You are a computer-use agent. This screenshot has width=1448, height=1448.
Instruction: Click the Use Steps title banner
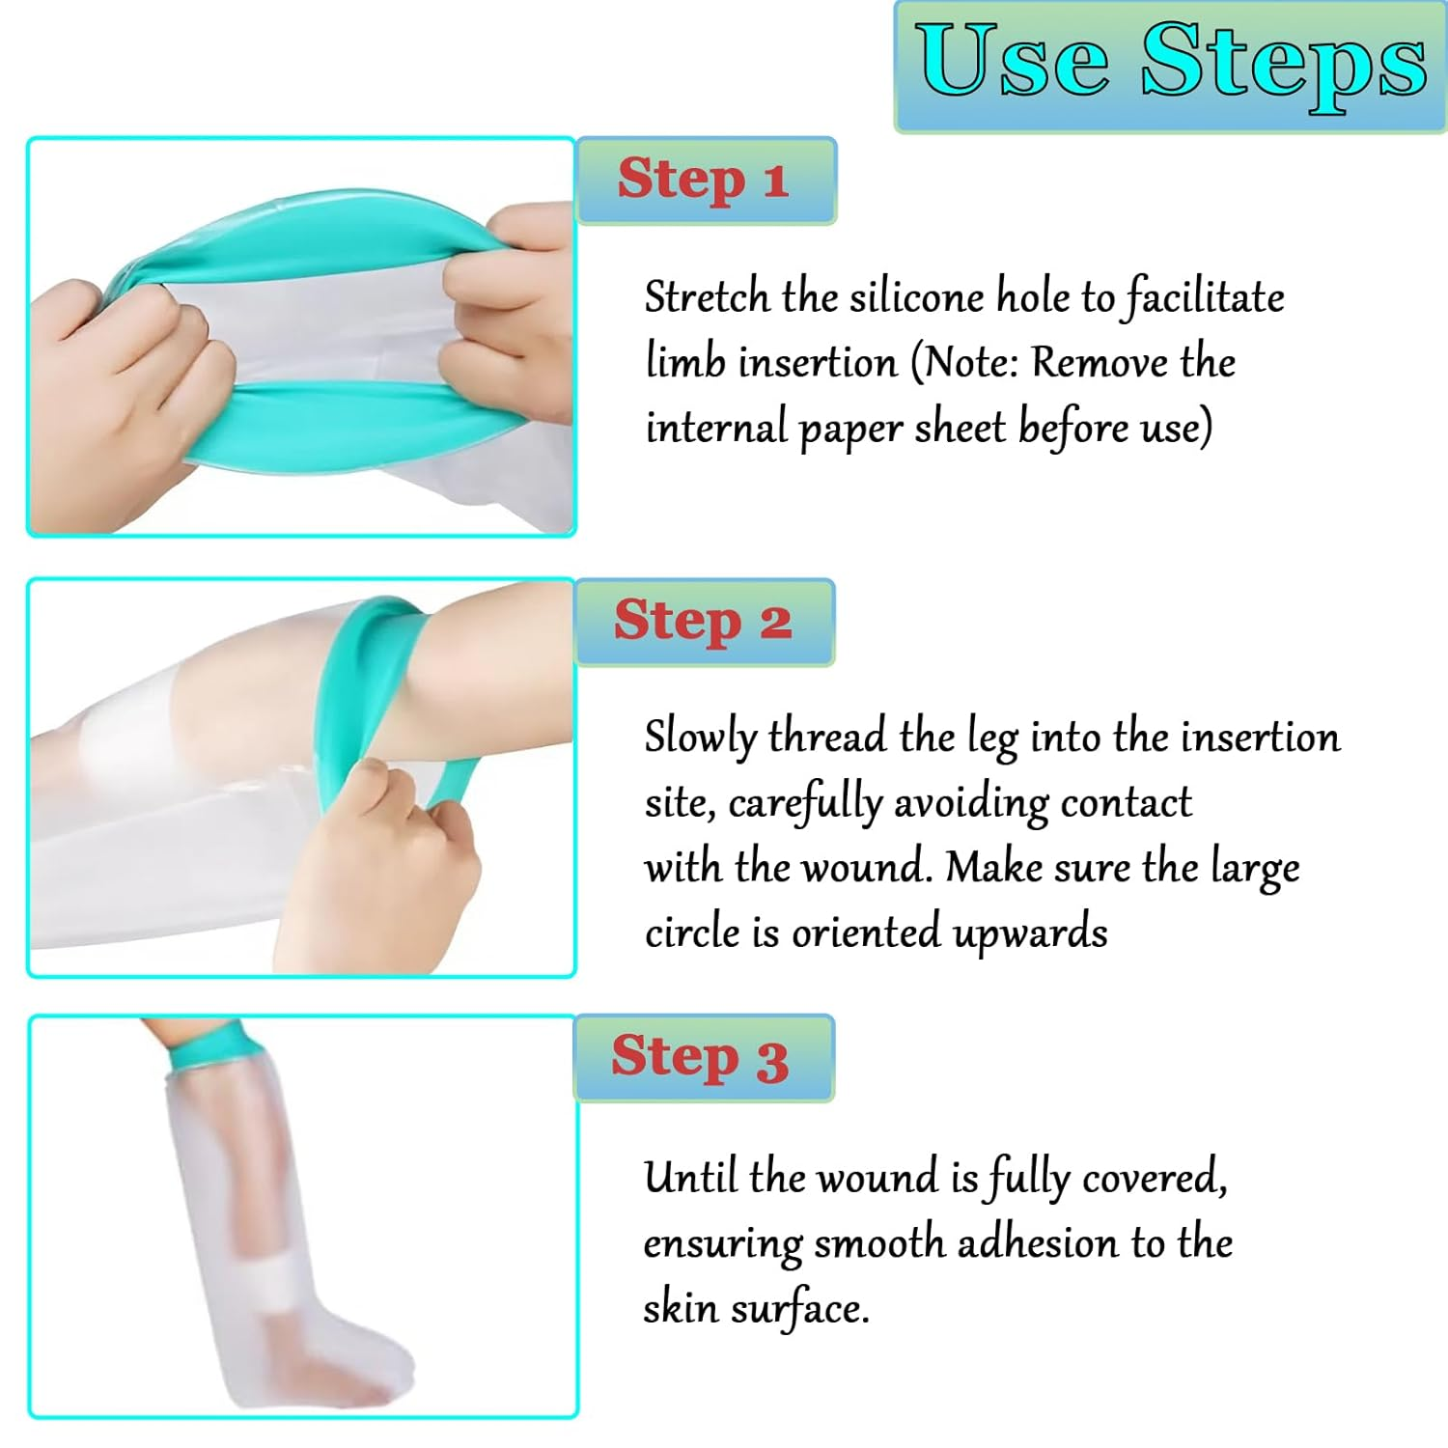(x=1170, y=66)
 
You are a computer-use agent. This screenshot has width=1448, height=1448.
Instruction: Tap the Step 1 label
(x=705, y=181)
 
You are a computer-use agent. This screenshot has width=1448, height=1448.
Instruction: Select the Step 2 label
(x=704, y=621)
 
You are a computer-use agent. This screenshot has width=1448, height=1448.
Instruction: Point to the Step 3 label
(x=702, y=1057)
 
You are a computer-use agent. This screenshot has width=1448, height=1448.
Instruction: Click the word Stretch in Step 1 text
(x=707, y=296)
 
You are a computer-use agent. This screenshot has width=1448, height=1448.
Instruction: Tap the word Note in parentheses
(x=970, y=363)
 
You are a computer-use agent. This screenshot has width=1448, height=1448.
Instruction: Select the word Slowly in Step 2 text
(x=700, y=738)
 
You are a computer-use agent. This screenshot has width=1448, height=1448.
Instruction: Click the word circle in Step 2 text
(x=691, y=933)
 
